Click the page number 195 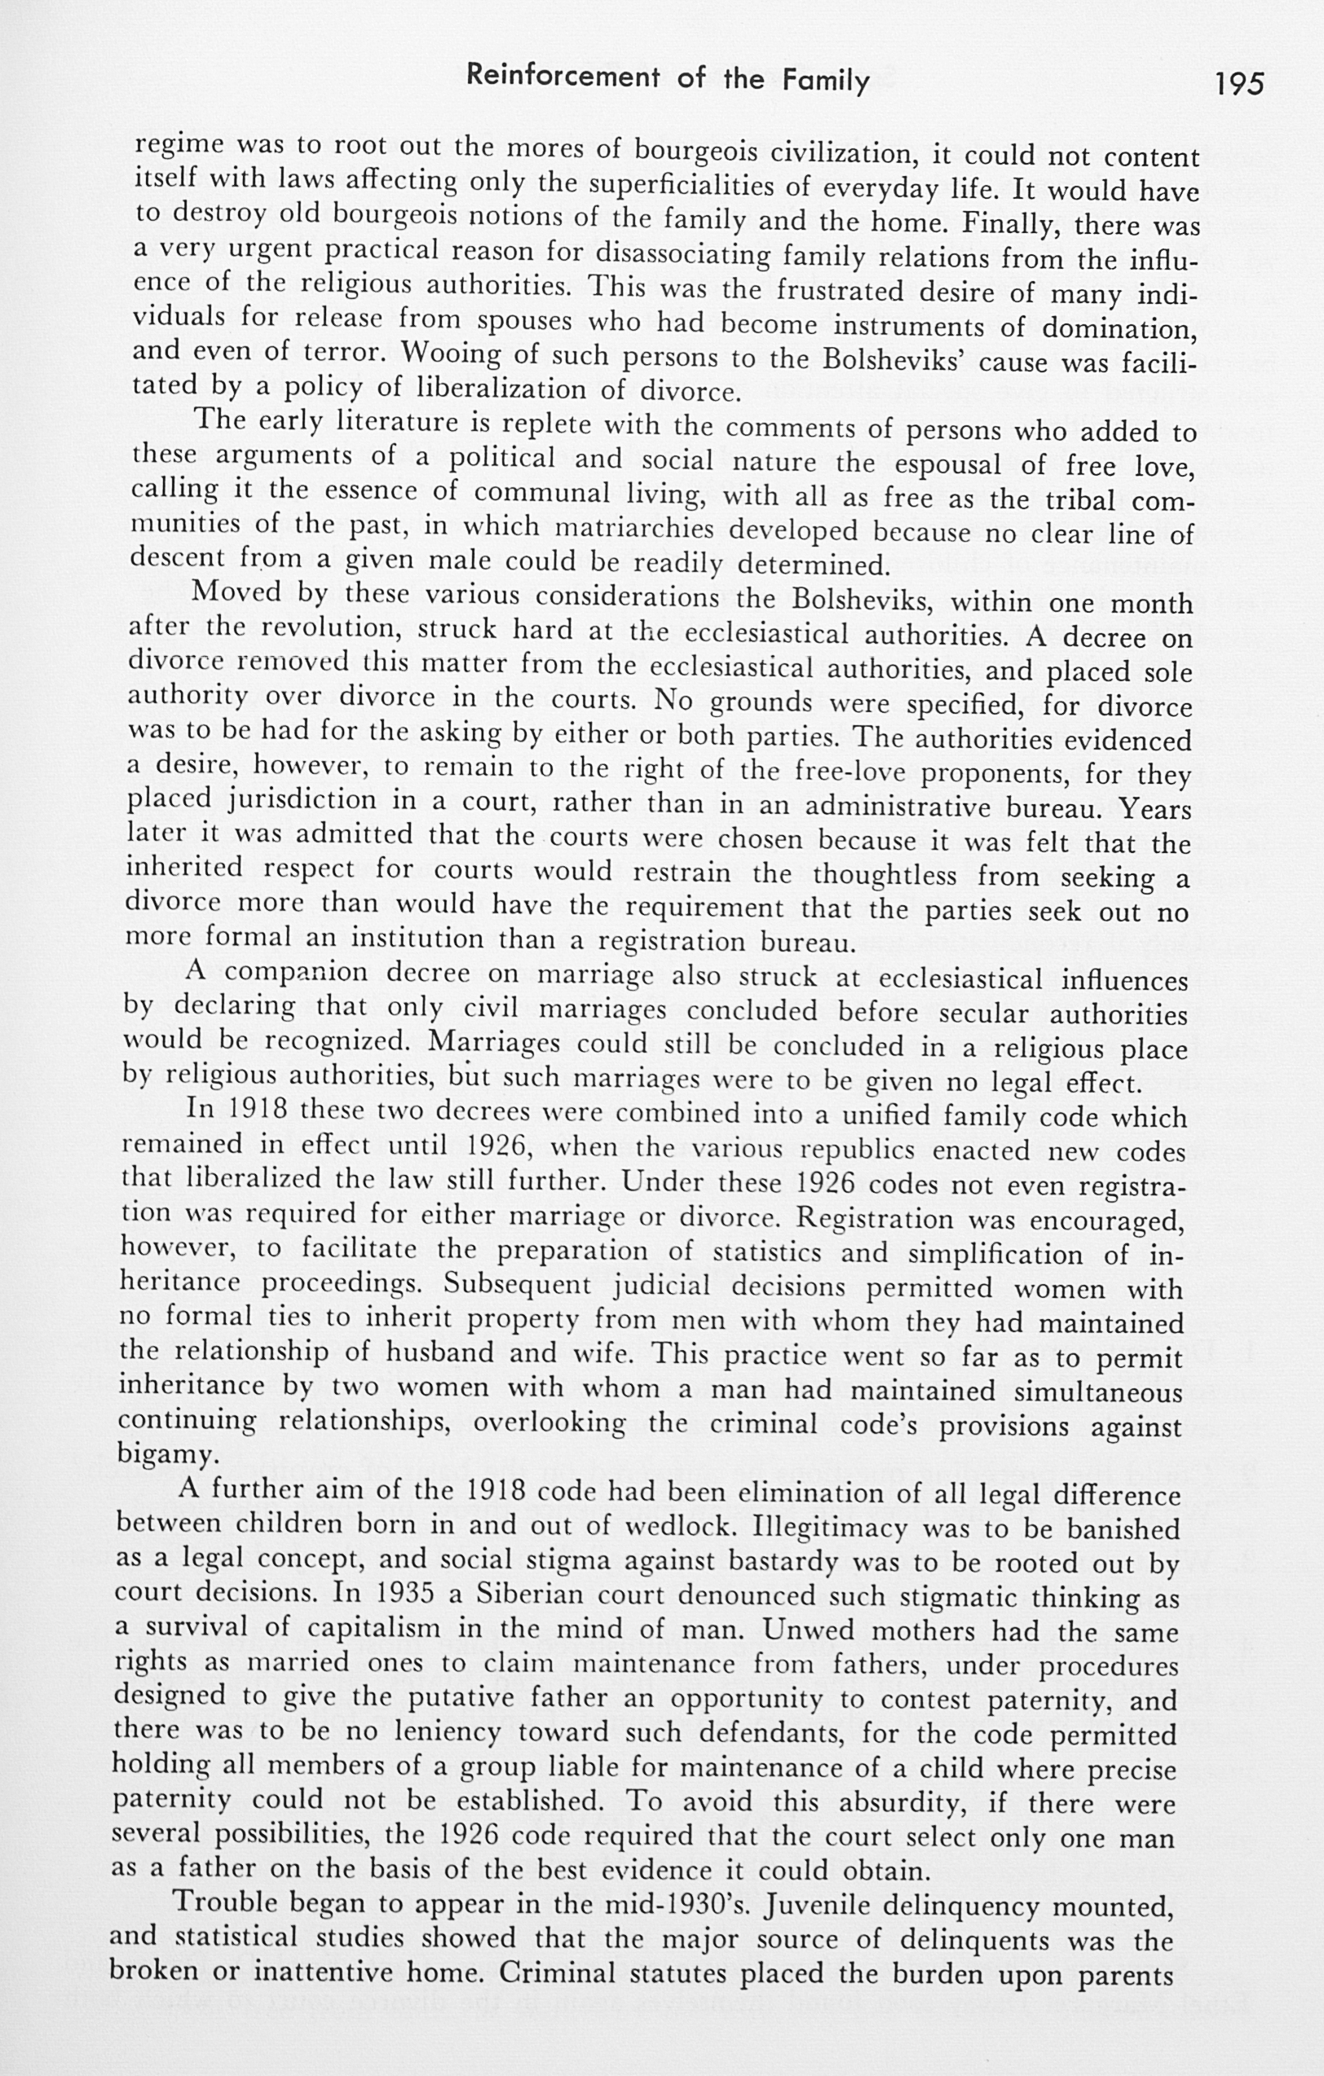pos(1238,84)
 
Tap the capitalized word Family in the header pos(825,81)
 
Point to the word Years pos(1155,810)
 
